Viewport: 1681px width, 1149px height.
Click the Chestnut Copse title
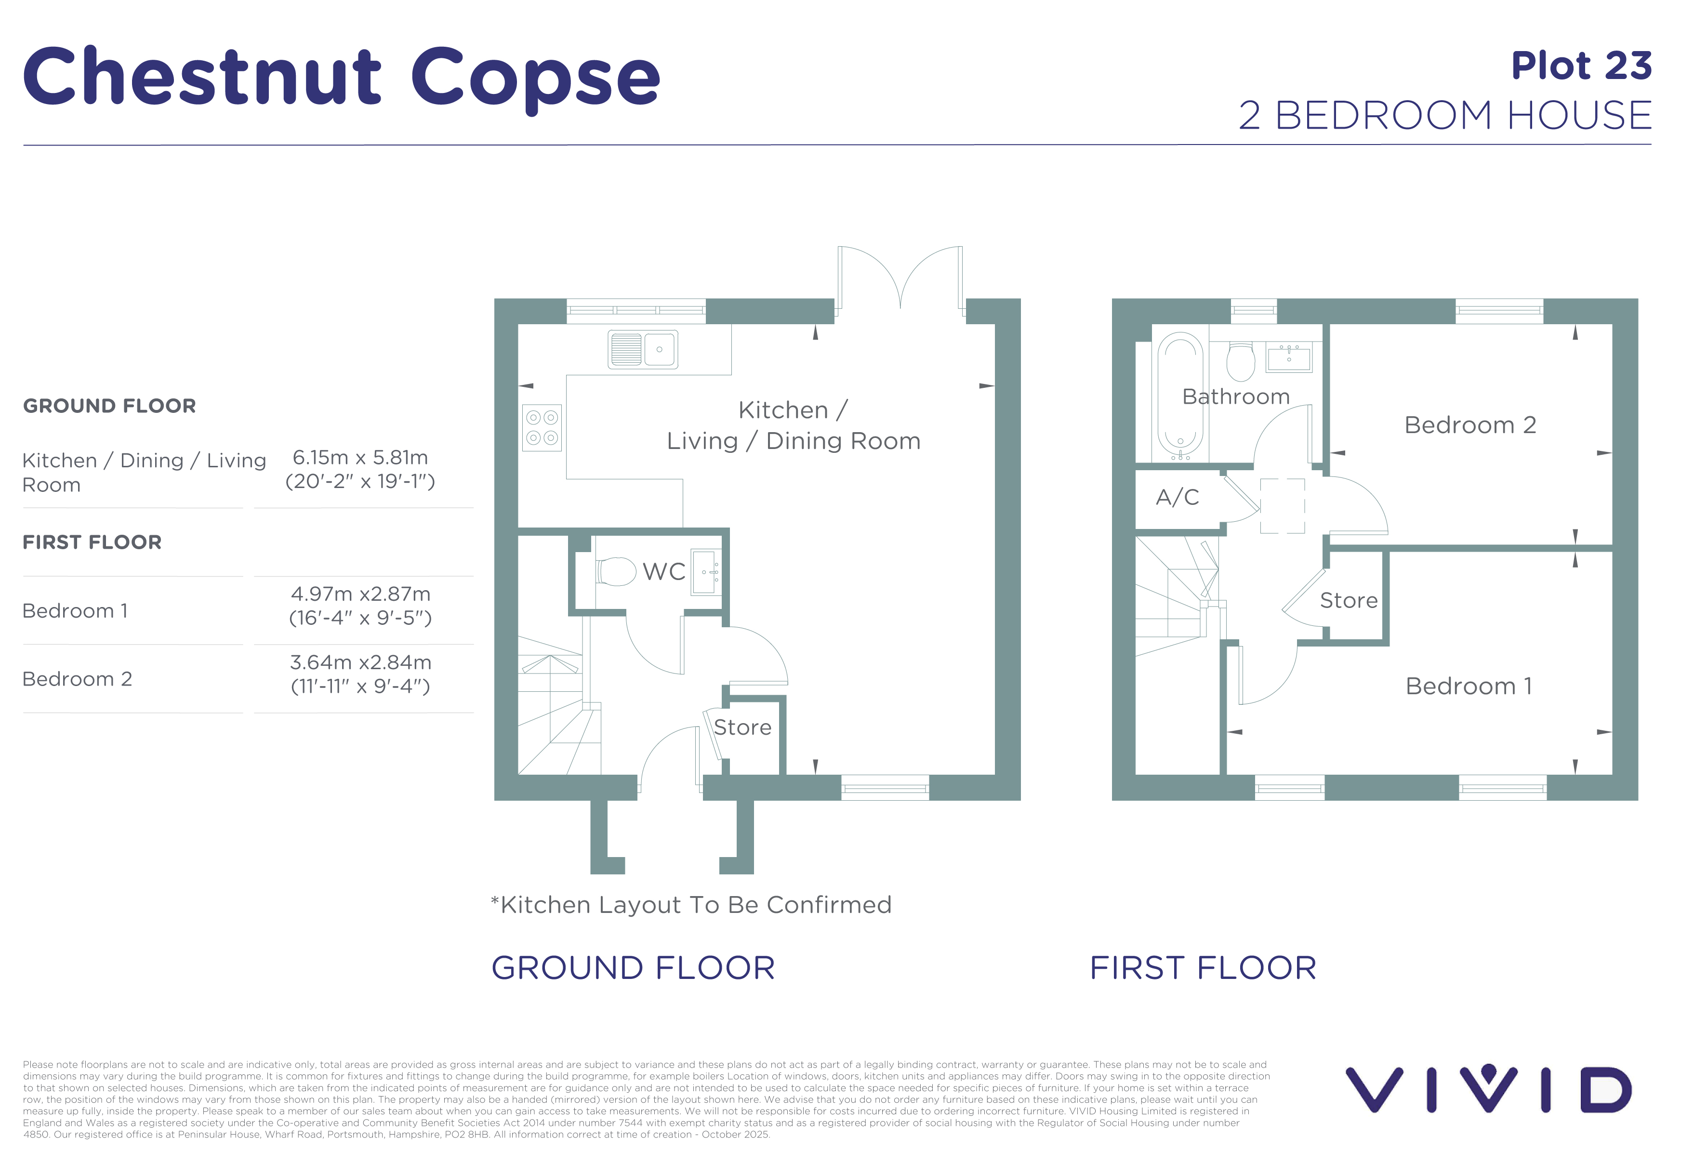coord(342,78)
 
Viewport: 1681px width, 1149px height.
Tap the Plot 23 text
coord(1581,66)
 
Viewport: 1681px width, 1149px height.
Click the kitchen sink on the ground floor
coord(642,349)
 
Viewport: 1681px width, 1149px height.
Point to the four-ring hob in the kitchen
coord(542,427)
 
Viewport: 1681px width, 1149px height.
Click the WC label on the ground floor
coord(664,571)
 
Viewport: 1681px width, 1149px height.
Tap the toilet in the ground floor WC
coord(616,570)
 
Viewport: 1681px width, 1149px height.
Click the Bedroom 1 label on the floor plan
coord(1469,686)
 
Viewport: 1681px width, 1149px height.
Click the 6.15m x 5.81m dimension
coord(360,458)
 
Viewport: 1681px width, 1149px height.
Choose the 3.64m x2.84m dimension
coord(360,662)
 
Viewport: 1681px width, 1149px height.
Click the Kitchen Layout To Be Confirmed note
coord(691,905)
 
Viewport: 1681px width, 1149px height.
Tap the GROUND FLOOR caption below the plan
coord(633,967)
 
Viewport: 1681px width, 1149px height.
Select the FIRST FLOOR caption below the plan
coord(1203,967)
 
